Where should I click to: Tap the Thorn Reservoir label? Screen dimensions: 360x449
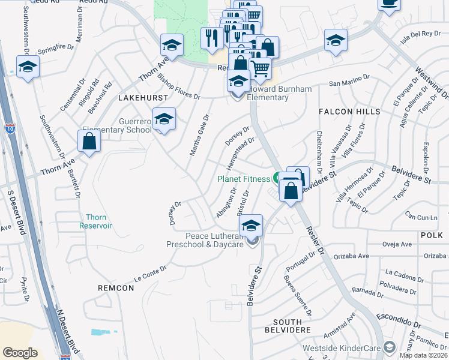[x=96, y=221]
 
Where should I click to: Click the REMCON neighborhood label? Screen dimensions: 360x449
[x=116, y=288]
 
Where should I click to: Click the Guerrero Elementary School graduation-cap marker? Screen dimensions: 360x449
[x=164, y=119]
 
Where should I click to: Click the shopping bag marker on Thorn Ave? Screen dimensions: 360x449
[x=89, y=142]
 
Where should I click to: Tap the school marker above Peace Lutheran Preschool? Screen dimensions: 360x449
[x=251, y=225]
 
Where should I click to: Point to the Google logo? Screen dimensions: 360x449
[x=20, y=352]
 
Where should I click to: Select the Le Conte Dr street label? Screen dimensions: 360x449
[x=149, y=274]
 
